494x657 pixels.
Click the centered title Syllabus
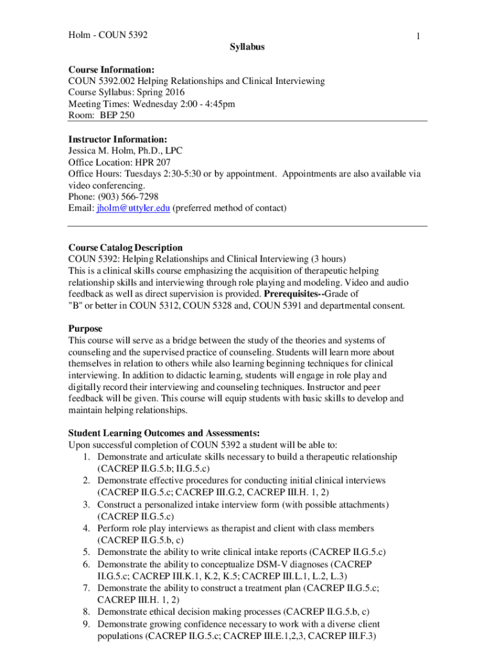click(x=247, y=47)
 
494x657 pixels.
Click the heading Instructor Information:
click(x=117, y=139)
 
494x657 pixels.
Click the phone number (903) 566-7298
click(x=126, y=197)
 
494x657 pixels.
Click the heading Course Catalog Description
click(x=125, y=248)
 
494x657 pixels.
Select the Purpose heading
click(x=85, y=328)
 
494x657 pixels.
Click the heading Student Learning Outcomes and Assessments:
click(x=155, y=433)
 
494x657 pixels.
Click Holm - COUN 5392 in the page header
click(x=108, y=34)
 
